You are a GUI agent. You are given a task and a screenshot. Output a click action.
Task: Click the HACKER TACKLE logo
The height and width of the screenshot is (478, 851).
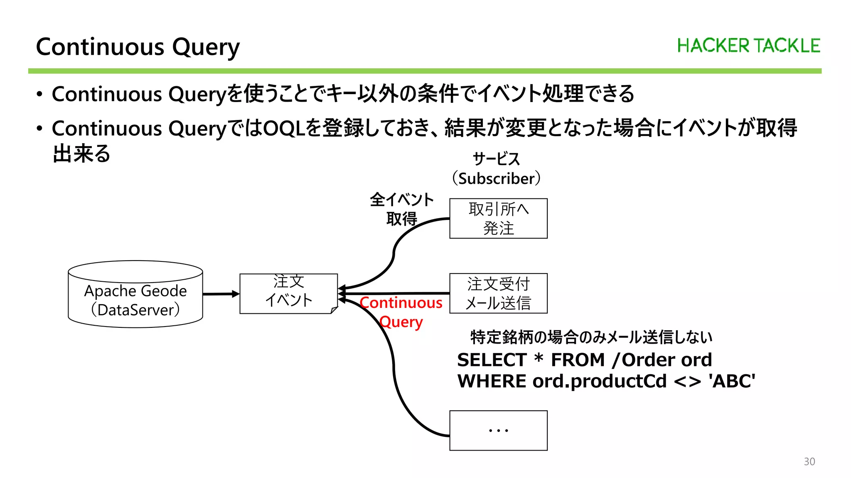(x=748, y=46)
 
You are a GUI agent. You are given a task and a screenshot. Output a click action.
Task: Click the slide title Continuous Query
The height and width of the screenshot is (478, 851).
(x=138, y=47)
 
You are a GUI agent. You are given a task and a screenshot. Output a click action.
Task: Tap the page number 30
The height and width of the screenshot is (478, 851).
(x=809, y=461)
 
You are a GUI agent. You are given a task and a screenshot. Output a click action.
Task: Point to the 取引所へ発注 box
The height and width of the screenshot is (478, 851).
(x=498, y=219)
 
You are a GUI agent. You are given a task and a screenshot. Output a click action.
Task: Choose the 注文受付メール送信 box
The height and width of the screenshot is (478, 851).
(x=498, y=293)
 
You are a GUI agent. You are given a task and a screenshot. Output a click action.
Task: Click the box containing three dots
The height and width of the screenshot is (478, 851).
(x=498, y=430)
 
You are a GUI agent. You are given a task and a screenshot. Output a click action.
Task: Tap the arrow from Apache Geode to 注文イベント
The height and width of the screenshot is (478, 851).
(x=221, y=294)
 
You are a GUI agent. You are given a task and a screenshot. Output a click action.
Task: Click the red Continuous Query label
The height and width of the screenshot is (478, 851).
(x=401, y=312)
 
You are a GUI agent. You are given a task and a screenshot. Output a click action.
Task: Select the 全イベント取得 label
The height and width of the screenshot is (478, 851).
(x=401, y=209)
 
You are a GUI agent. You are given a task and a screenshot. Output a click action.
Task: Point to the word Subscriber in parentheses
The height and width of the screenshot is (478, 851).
(x=497, y=179)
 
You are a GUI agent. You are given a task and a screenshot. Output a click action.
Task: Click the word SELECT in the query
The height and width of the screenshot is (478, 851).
(x=492, y=360)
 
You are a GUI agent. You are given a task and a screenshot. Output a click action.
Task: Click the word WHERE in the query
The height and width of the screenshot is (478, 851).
(x=492, y=381)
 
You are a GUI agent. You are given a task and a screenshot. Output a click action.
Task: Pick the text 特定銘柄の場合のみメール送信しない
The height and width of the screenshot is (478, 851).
(x=591, y=337)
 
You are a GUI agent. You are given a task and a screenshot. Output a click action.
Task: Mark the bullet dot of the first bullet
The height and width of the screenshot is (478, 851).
(x=39, y=95)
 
